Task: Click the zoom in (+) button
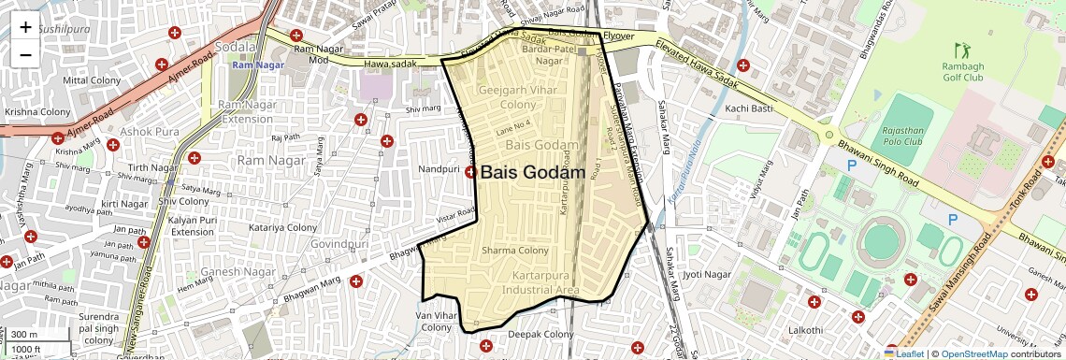click(x=25, y=27)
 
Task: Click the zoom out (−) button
click(x=25, y=54)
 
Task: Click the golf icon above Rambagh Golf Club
click(x=960, y=49)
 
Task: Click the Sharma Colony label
click(x=514, y=251)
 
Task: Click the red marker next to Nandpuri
click(x=471, y=172)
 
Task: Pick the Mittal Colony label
click(x=88, y=80)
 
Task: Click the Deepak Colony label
click(x=540, y=335)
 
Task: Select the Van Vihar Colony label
click(x=436, y=322)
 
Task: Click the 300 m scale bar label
click(x=25, y=335)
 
